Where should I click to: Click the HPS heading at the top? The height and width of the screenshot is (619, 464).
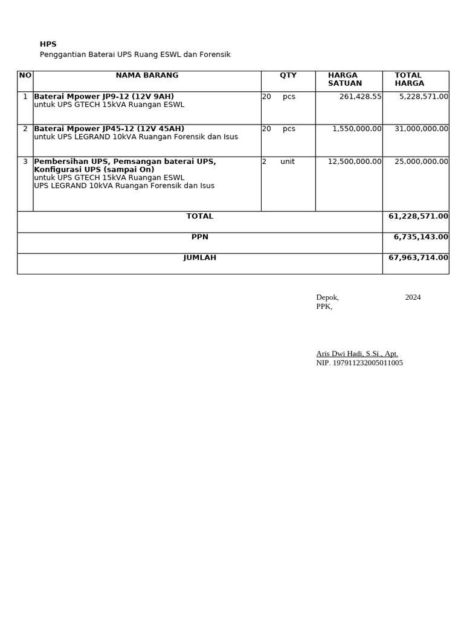pos(48,44)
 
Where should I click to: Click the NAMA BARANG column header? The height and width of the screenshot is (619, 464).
pos(147,76)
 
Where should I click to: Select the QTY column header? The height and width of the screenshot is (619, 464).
pos(288,76)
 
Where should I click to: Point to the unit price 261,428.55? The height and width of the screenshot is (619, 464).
pos(360,97)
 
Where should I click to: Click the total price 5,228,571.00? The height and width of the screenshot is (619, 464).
pos(424,97)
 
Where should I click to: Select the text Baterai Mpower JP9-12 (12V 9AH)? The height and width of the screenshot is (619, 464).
pos(104,97)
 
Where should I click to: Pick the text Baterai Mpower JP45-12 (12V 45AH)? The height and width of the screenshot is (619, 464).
pos(109,129)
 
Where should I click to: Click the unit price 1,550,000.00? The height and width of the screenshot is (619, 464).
pos(356,129)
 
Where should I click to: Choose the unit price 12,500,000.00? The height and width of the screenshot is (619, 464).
pos(354,161)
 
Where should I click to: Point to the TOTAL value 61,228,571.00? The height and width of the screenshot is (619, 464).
pos(418,216)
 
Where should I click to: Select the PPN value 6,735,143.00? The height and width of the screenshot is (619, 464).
pos(420,237)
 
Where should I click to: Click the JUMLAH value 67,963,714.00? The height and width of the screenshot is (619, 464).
pos(418,258)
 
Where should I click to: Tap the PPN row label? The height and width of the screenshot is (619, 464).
pos(200,237)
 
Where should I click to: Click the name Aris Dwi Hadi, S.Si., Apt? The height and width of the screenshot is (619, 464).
pos(357,354)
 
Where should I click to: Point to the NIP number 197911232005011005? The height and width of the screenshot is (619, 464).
pos(359,363)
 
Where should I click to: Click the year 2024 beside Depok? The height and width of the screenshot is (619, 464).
pos(413,297)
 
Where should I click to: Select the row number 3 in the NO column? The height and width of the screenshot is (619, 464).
pos(25,161)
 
